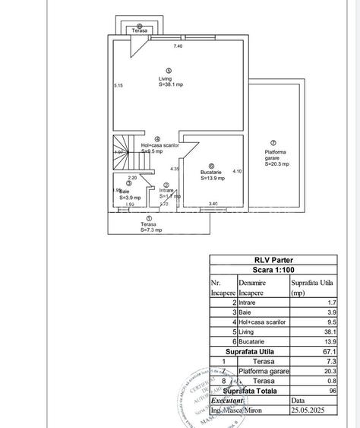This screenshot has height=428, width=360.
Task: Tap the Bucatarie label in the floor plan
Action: pos(211,171)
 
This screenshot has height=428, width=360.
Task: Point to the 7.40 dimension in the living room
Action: pos(178,47)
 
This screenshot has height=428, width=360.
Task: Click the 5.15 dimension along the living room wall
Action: pos(118,85)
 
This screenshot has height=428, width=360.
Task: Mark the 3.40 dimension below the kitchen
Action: pos(213,204)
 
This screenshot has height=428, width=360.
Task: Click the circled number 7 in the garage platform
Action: pos(273,143)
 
